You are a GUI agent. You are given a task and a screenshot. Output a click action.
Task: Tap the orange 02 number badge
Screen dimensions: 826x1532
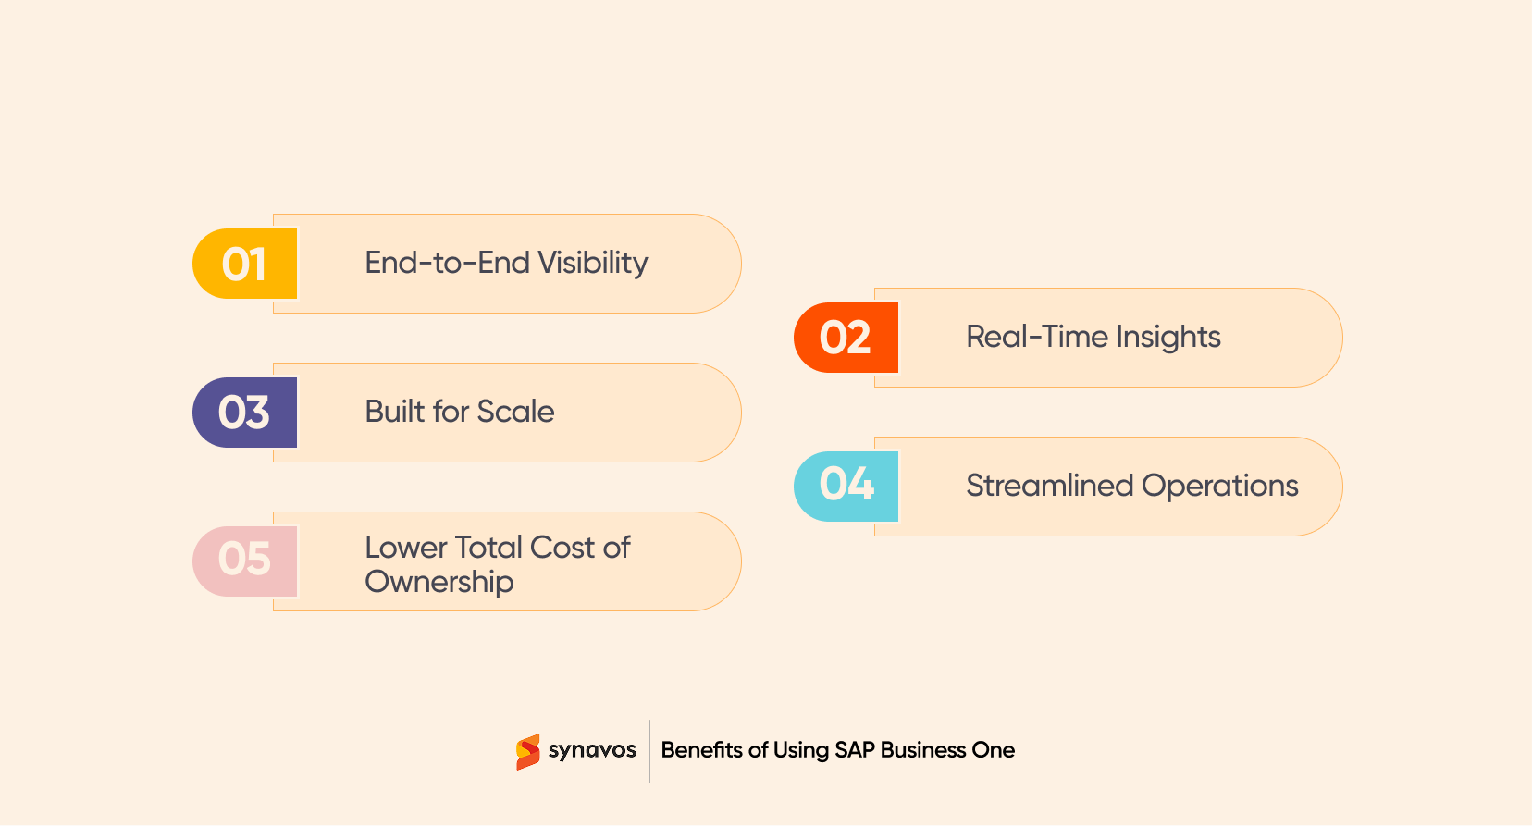point(846,338)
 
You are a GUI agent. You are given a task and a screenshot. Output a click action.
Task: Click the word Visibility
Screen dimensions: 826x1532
point(593,264)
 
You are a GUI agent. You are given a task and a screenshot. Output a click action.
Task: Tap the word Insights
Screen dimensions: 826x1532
point(1168,338)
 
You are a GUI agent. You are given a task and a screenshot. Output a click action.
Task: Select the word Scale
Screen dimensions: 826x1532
point(515,412)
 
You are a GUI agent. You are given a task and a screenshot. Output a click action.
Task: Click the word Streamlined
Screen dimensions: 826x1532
point(1049,486)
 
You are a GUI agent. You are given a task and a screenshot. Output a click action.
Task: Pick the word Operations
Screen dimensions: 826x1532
point(1220,487)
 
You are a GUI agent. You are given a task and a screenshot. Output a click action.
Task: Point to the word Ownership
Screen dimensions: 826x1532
point(439,583)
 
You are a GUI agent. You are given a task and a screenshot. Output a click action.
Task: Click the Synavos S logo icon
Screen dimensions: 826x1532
point(528,751)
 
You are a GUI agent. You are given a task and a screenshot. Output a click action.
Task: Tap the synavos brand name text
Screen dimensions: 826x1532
point(592,750)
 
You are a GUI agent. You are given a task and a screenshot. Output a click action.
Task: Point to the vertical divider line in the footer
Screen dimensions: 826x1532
point(649,751)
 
